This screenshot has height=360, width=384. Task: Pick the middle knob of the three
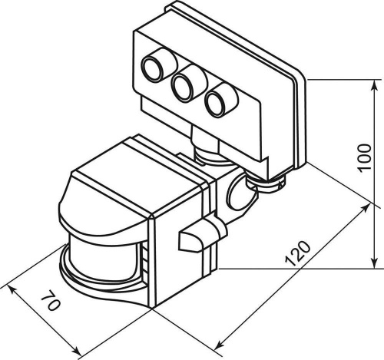point(184,87)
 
